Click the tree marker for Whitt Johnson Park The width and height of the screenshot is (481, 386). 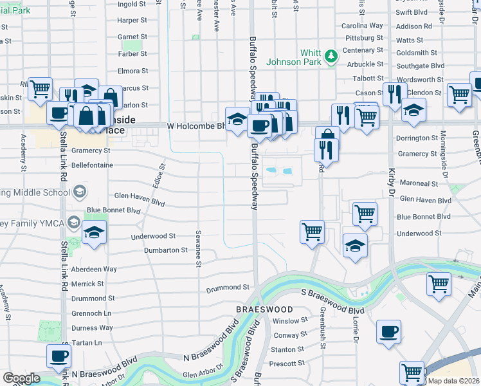tap(331, 57)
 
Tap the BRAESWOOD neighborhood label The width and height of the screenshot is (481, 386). tap(264, 309)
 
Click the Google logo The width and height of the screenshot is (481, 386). tap(22, 378)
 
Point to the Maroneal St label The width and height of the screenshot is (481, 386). tap(418, 183)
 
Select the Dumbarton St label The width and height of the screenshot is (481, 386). tap(165, 250)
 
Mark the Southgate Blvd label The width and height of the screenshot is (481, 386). tap(421, 66)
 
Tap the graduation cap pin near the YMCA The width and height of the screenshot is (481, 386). tap(95, 232)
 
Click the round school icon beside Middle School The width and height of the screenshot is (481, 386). tap(80, 192)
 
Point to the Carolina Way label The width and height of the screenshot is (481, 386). tap(362, 26)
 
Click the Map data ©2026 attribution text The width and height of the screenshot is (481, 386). tap(453, 381)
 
